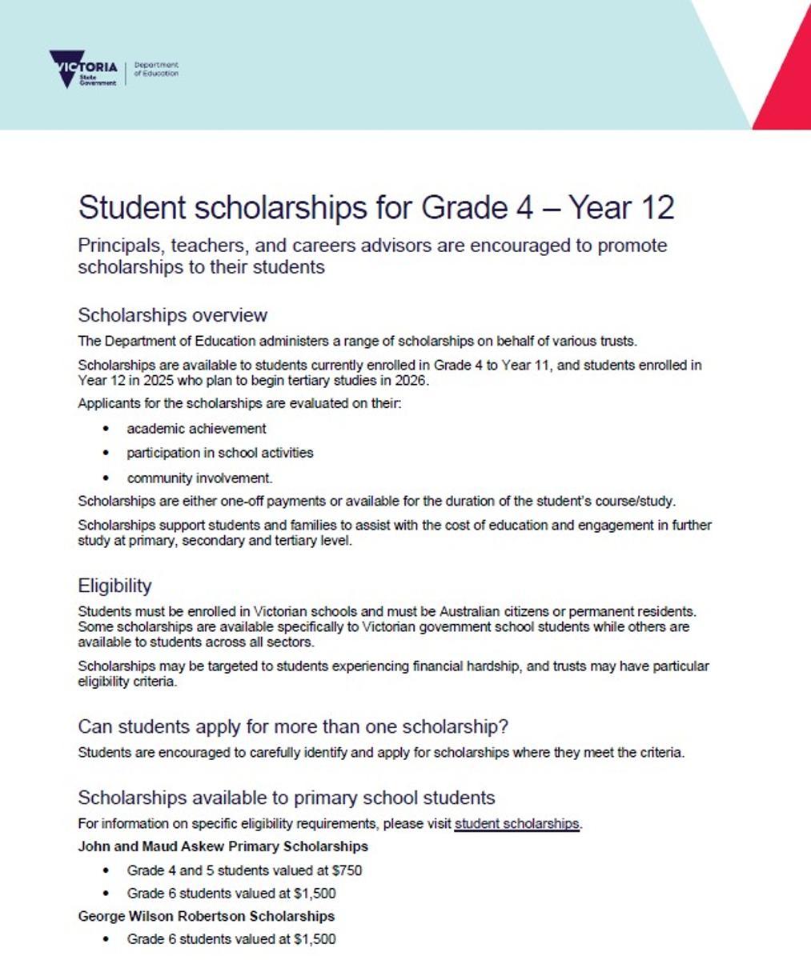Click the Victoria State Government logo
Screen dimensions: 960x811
coord(82,70)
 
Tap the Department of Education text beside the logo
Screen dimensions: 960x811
coord(156,69)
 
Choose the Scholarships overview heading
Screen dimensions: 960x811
coord(172,314)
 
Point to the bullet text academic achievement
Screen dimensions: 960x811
coord(196,429)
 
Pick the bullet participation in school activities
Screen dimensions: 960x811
coord(219,453)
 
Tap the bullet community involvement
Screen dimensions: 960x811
coord(199,478)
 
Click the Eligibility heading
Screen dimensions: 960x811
coord(114,586)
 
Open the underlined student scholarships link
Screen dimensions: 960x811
coord(516,823)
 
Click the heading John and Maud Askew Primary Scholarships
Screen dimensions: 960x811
coord(223,846)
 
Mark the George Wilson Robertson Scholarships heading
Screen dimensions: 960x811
coord(206,916)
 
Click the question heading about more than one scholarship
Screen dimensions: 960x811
coord(293,726)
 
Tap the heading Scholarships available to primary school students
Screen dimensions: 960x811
coord(286,798)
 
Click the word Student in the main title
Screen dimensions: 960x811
coord(131,207)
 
